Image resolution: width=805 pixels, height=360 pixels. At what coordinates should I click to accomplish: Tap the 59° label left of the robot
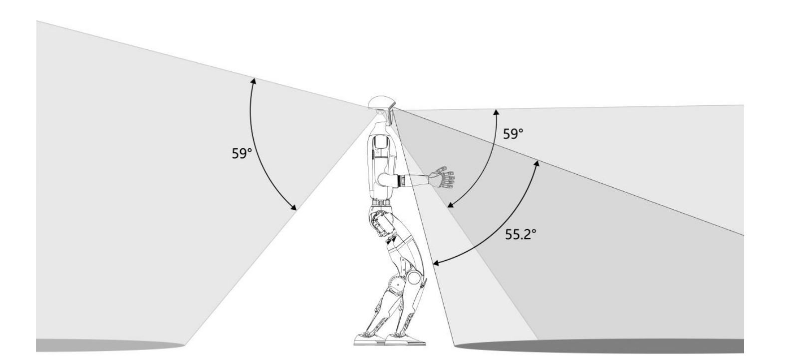point(242,153)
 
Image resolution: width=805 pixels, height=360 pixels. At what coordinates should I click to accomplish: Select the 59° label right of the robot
point(513,134)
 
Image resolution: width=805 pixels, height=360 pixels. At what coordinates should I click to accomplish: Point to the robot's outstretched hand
point(445,177)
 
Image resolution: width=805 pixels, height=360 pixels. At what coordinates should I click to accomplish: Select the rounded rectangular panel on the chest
point(380,144)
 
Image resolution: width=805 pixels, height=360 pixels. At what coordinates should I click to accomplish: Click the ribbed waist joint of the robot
point(382,203)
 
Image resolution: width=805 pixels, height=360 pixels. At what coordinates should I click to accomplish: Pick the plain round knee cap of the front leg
point(413,278)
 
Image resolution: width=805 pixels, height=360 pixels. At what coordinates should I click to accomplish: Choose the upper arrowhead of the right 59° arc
point(496,111)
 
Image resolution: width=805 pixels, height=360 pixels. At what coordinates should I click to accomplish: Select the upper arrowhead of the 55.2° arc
point(537,162)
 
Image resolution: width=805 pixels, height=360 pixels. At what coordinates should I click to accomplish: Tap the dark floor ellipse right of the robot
point(599,346)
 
